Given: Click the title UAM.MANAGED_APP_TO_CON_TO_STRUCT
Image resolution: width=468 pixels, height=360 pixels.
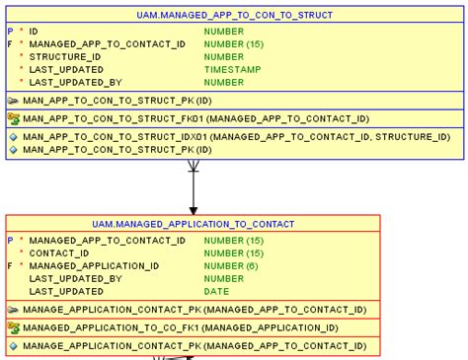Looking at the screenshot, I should (234, 16).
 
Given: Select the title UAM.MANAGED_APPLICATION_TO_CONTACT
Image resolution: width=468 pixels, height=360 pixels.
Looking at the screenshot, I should (193, 225).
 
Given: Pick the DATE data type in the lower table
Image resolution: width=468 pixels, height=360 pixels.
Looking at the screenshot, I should (216, 292).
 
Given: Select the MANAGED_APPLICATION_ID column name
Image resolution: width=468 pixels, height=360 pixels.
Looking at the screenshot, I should (94, 266).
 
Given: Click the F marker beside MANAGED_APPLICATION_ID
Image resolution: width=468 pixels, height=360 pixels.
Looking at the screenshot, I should (10, 266).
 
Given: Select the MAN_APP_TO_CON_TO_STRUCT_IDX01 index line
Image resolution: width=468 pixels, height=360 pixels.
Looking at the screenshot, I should (235, 137).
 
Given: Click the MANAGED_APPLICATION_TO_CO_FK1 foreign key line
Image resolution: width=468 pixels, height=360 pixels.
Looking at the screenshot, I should (180, 328).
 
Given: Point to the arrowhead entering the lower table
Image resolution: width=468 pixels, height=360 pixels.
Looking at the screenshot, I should (194, 209).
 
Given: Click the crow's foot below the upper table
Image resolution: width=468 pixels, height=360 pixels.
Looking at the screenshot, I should (194, 167).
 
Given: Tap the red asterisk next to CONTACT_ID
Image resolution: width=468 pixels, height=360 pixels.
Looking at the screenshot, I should (22, 253).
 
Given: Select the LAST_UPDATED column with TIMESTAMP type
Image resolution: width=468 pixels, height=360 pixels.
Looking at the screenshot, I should (66, 70).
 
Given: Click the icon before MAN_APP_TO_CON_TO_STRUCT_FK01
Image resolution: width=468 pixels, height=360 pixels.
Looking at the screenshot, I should (13, 118).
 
